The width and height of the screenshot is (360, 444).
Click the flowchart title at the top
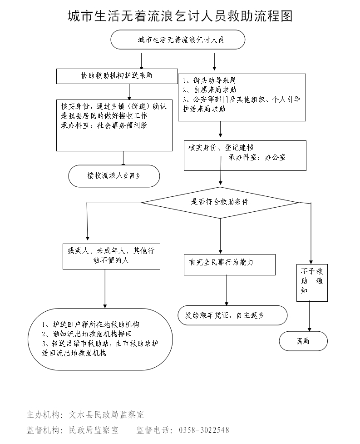pos(180,16)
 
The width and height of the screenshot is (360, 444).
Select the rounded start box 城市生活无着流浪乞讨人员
pos(178,40)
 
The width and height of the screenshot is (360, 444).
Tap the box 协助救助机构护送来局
pos(117,76)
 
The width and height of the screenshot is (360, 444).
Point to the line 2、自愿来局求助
pos(209,90)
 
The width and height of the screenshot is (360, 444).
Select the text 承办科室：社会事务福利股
pos(104,125)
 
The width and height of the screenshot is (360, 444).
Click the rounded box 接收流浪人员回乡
pos(114,175)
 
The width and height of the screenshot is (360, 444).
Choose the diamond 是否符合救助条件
pos(220,202)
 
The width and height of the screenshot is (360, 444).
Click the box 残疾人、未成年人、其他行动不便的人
pos(111,255)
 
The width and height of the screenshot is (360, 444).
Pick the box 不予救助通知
pos(312,282)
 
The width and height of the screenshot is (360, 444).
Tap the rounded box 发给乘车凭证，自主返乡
pos(232,314)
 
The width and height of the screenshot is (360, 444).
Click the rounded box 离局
pos(303,341)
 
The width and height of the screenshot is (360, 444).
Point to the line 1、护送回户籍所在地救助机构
pos(90,325)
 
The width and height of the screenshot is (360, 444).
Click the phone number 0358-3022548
pos(204,430)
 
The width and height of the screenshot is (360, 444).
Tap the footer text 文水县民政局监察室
pos(106,414)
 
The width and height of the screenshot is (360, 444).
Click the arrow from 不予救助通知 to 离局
pos(310,317)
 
